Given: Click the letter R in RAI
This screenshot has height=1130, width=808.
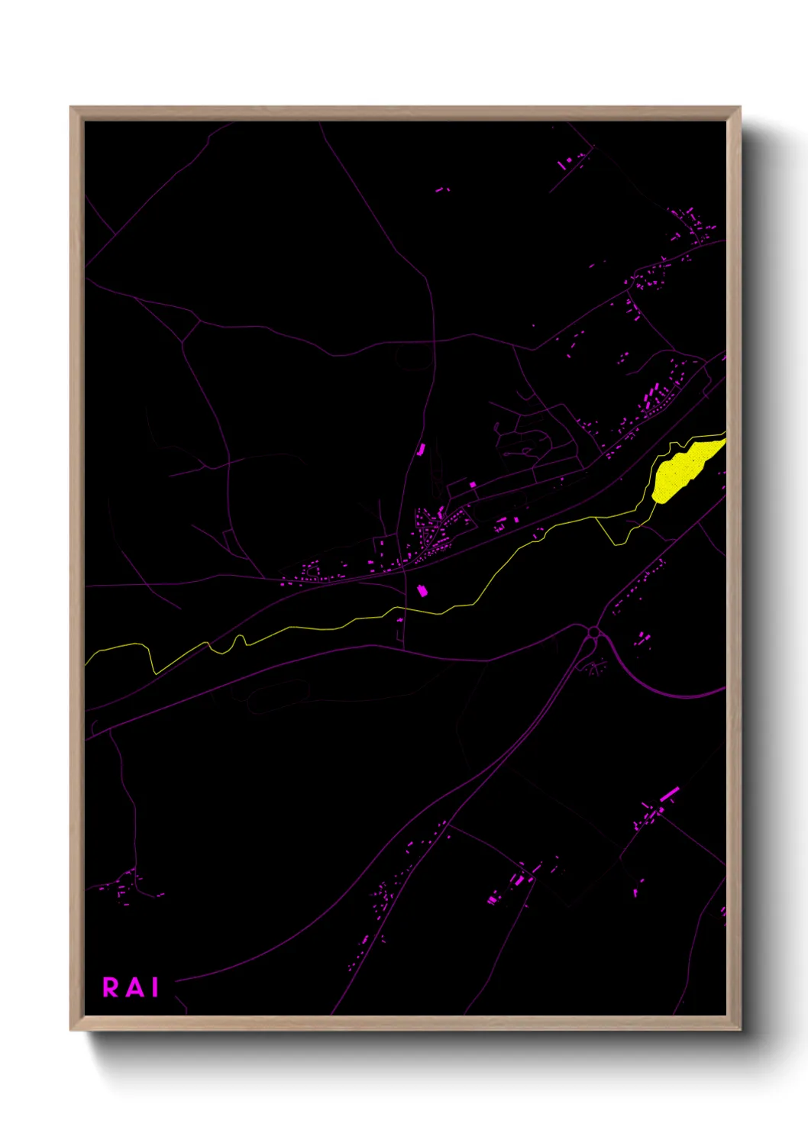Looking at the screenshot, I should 111,987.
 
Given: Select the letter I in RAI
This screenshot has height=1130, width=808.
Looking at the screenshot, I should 155,987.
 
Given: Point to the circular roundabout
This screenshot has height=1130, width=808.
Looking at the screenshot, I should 593,632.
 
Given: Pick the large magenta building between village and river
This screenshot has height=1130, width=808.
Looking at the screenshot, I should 422,590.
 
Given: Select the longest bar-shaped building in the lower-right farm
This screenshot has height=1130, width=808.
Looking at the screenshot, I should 669,795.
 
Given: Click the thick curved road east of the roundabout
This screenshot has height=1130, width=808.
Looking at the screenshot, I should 657,687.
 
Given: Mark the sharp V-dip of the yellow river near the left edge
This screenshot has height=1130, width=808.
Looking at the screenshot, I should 154,672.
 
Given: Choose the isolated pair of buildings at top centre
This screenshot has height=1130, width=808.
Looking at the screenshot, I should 442,189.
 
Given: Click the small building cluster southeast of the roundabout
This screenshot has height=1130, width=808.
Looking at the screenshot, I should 643,639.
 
